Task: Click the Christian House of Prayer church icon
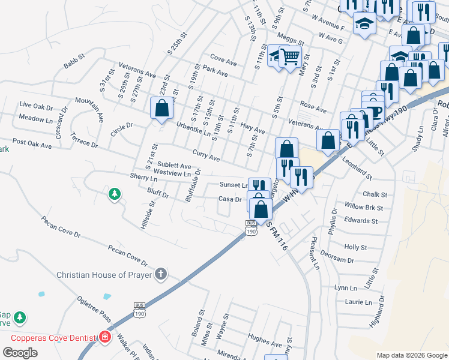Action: tap(160, 275)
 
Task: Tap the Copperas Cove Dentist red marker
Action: tap(106, 337)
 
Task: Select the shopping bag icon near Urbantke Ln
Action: tap(161, 109)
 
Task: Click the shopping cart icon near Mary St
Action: tap(291, 57)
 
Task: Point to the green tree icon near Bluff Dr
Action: tap(114, 194)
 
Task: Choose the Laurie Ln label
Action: tap(358, 301)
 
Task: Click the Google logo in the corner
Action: tap(20, 353)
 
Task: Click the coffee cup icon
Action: tap(375, 112)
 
